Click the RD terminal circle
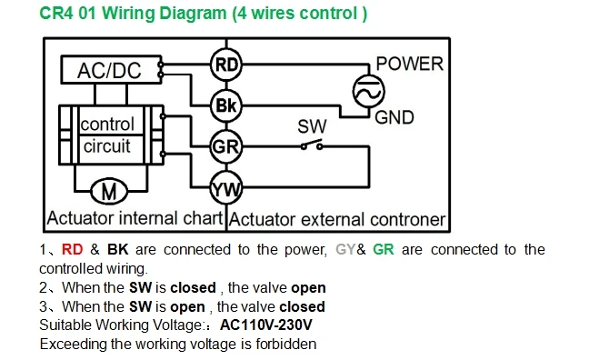click(226, 65)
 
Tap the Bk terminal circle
click(226, 105)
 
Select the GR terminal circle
click(226, 146)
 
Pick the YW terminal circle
click(226, 188)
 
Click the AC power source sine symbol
click(369, 92)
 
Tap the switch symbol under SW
click(312, 145)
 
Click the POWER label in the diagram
click(410, 64)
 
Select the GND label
click(394, 117)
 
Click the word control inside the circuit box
click(107, 125)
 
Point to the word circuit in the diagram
click(107, 146)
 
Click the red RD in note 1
click(72, 249)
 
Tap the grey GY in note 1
click(345, 249)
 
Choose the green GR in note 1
click(384, 249)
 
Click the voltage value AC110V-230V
click(266, 325)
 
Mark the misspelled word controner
click(407, 220)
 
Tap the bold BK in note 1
click(117, 249)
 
